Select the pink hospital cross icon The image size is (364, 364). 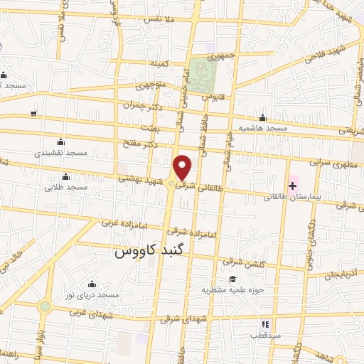(x=292, y=186)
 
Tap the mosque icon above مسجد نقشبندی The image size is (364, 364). (x=59, y=141)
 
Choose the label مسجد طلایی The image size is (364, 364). (x=65, y=188)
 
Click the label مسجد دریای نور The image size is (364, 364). (x=90, y=294)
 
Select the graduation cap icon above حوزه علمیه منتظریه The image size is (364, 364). (x=230, y=279)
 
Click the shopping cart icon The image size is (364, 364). (x=33, y=114)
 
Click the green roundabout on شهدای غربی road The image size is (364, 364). (x=45, y=306)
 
